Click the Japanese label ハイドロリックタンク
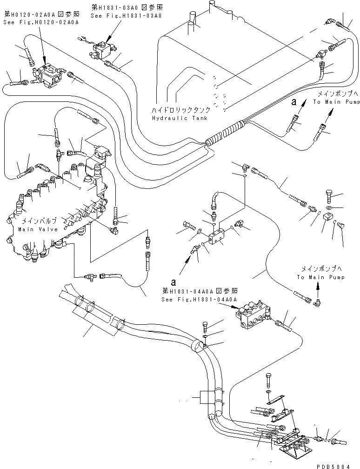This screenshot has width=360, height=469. coord(180,110)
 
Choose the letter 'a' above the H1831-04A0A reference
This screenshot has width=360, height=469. coord(173,282)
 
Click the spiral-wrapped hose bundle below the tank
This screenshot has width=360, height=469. coord(227,133)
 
